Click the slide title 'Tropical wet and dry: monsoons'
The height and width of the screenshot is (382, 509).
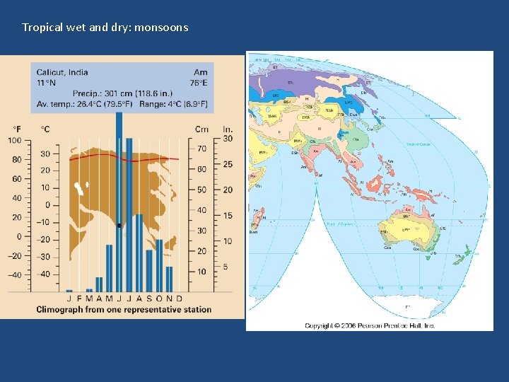tap(105, 28)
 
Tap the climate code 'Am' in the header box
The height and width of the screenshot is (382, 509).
tap(200, 72)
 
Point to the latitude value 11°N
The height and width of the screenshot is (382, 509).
tap(45, 83)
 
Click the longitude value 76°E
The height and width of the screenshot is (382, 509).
tap(199, 83)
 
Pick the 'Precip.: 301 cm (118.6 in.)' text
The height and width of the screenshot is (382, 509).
tap(121, 93)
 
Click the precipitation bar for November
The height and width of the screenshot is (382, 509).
tap(169, 279)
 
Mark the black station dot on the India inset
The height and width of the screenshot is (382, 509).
tap(119, 226)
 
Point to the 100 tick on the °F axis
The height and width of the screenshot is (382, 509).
tap(16, 141)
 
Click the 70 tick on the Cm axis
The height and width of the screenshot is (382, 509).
tap(201, 149)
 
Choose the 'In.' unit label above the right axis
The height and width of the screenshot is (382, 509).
tap(228, 129)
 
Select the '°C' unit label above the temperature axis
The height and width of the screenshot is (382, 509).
tap(45, 129)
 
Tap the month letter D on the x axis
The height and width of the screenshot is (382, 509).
tap(179, 299)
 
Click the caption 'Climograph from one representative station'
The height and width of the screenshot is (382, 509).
tap(124, 310)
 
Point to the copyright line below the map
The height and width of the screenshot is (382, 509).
tap(369, 325)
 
